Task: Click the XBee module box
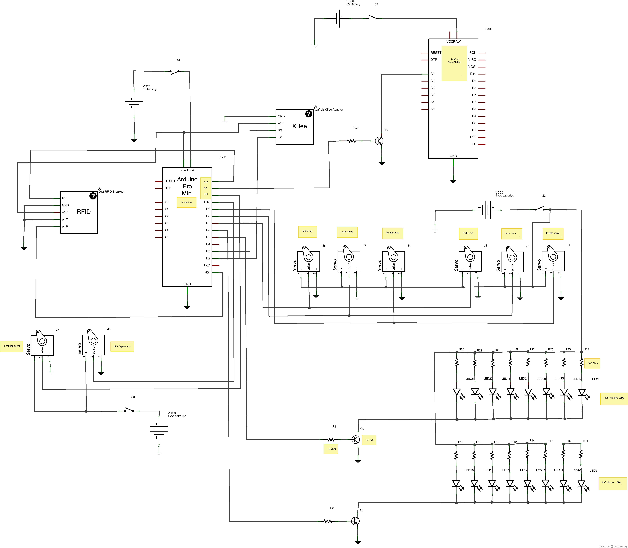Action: click(x=294, y=127)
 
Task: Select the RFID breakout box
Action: click(x=79, y=213)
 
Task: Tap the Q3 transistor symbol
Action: click(x=379, y=141)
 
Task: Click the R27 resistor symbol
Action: click(x=352, y=141)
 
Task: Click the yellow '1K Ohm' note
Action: click(x=331, y=449)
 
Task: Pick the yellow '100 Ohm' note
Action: click(x=592, y=363)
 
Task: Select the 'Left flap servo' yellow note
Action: click(x=122, y=346)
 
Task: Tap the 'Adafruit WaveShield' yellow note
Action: click(x=454, y=63)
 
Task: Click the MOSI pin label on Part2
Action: click(x=472, y=67)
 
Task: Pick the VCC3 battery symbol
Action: click(x=159, y=430)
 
